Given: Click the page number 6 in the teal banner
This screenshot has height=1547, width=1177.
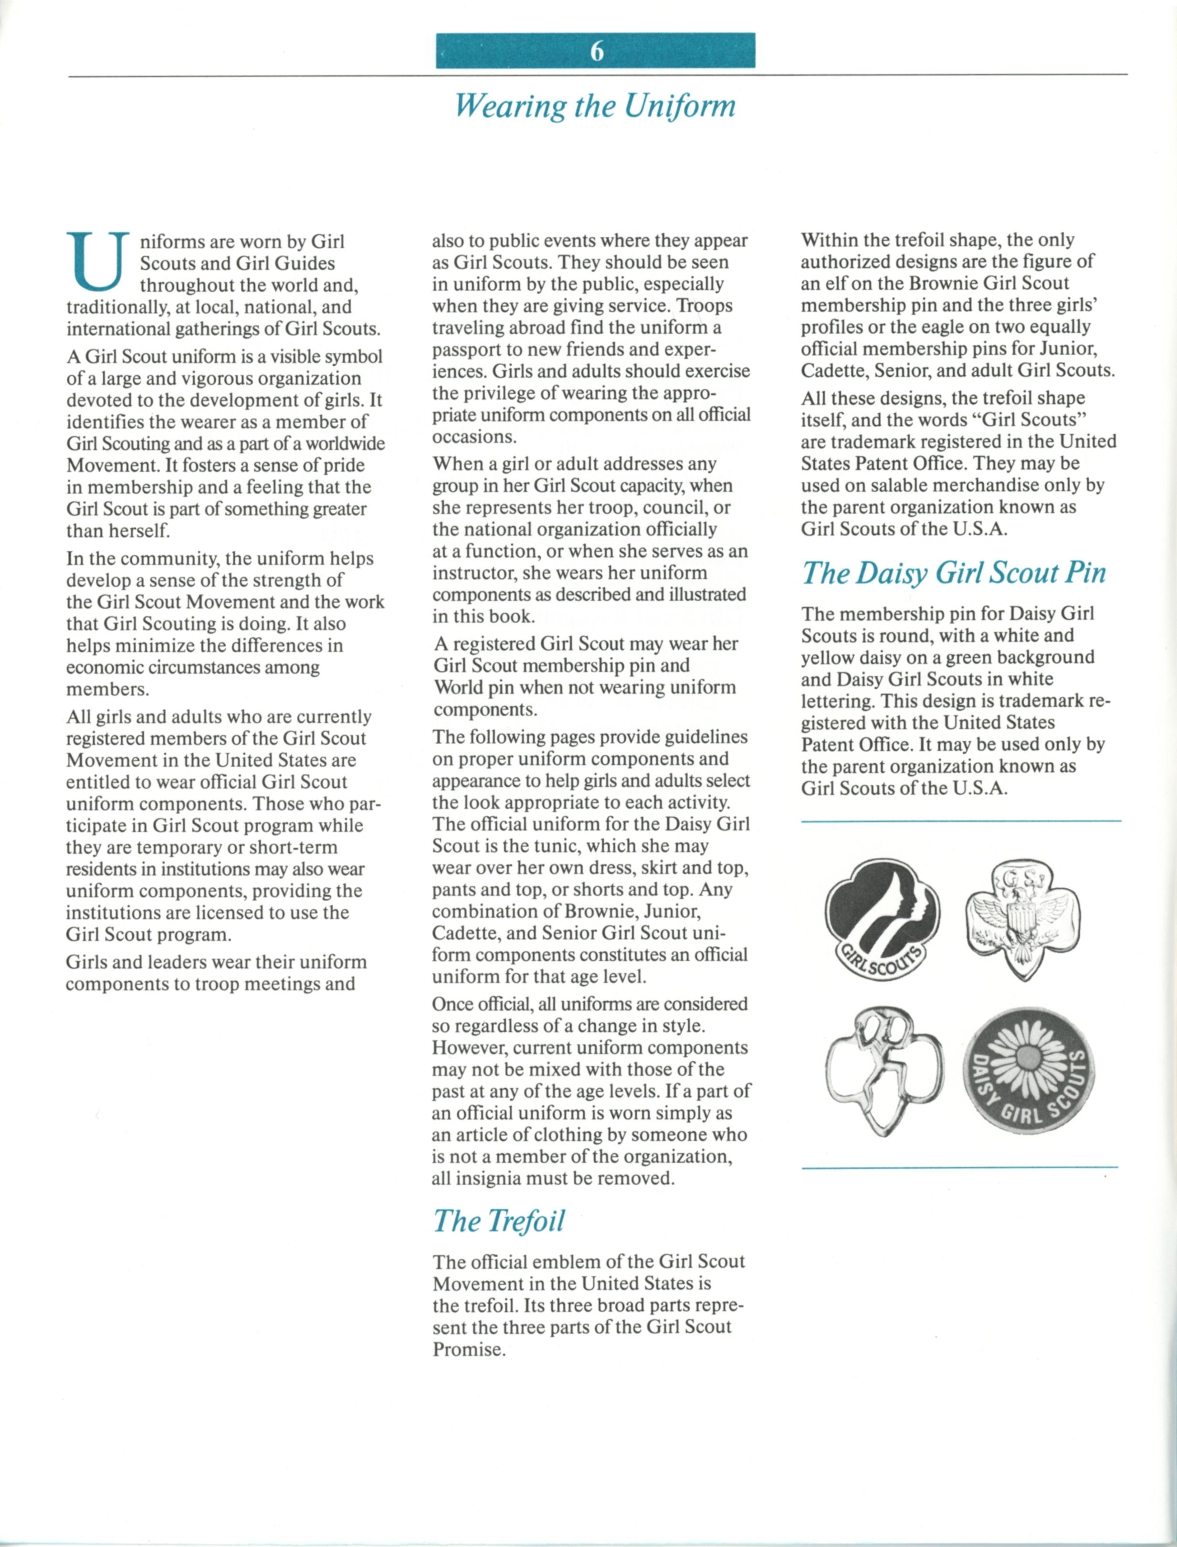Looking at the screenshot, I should tap(596, 51).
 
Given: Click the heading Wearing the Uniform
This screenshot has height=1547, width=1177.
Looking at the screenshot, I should tap(595, 106).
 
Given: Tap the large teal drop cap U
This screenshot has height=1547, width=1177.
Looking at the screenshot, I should tap(98, 262).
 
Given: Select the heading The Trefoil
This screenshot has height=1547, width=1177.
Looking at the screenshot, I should tap(498, 1221).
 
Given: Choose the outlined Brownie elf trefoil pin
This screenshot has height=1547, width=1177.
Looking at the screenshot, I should tap(884, 1073).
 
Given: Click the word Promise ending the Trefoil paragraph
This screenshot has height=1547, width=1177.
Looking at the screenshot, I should tap(469, 1349).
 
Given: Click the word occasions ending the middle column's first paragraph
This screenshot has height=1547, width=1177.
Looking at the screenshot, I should tap(473, 436).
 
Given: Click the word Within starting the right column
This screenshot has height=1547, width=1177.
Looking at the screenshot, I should tap(831, 240).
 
